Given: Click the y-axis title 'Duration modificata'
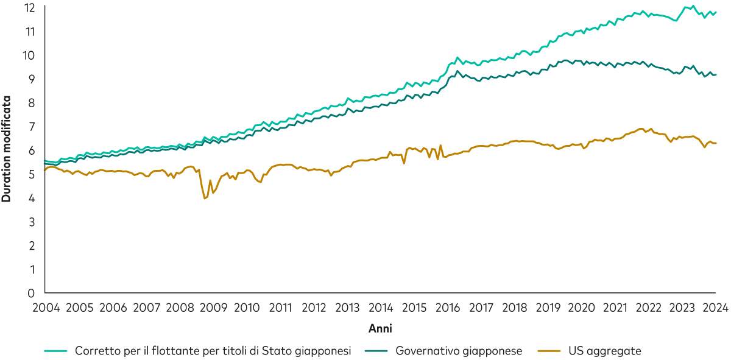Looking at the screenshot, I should [x=7, y=149].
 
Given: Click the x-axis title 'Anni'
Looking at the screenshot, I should [x=380, y=328].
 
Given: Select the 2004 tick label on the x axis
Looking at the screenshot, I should [x=46, y=306].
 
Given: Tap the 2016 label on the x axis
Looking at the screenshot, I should [x=448, y=306].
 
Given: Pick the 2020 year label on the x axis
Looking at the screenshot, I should [x=582, y=306].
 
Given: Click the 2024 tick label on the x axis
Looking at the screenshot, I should [x=716, y=306].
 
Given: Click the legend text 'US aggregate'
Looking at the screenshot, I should [x=605, y=351].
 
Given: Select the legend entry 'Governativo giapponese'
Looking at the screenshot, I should [x=458, y=351].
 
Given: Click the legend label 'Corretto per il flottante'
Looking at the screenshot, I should [x=213, y=351].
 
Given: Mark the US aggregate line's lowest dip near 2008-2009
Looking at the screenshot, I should [x=205, y=199].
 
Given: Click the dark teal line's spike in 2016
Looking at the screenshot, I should [x=457, y=71].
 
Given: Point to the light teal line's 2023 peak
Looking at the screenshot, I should [x=693, y=6].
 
